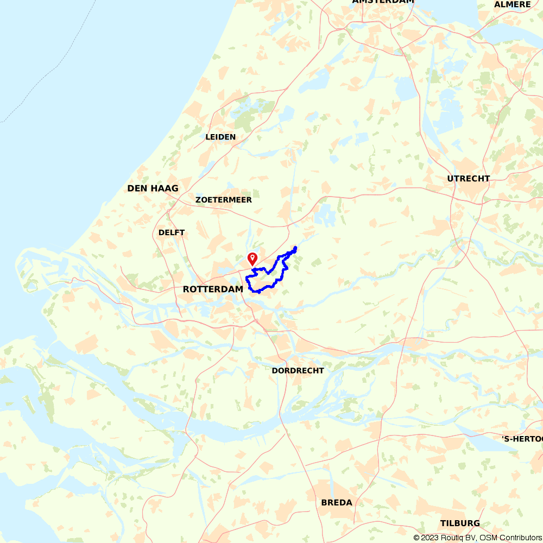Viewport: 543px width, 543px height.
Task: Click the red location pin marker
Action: click(252, 258)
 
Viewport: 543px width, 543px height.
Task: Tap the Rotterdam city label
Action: click(213, 289)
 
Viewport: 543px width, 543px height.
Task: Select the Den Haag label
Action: click(153, 188)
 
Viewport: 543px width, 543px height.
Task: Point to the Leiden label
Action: click(220, 137)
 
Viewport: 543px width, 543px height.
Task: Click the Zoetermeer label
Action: click(224, 200)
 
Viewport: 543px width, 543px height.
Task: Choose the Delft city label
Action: click(172, 232)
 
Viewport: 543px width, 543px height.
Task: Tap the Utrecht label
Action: click(469, 179)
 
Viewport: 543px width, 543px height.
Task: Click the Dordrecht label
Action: click(298, 370)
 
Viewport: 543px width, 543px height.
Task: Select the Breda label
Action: click(337, 502)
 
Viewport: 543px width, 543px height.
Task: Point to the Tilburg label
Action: click(460, 523)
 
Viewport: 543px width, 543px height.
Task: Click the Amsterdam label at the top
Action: click(383, 2)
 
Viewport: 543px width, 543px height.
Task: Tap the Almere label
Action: click(512, 4)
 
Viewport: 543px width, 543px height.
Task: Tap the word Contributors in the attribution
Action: click(519, 538)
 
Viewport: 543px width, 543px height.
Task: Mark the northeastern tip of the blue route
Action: click(295, 248)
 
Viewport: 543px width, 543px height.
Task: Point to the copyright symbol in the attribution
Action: click(416, 538)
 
